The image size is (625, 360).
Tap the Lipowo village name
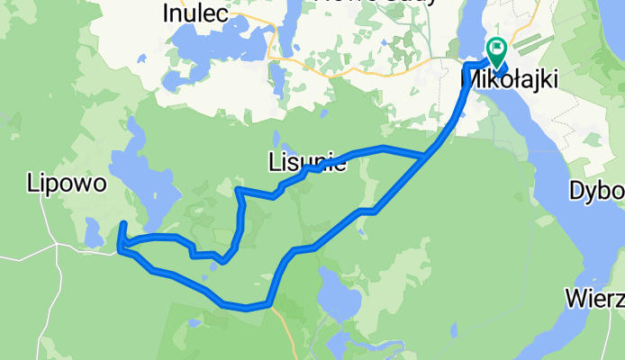[x=68, y=184]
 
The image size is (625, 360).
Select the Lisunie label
[x=307, y=163]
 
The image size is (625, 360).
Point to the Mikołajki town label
[x=509, y=79]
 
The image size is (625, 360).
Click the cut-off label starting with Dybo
[x=598, y=192]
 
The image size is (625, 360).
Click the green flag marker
[x=496, y=50]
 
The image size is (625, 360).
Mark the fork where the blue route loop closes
[x=426, y=157]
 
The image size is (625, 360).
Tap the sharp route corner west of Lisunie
[x=237, y=190]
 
